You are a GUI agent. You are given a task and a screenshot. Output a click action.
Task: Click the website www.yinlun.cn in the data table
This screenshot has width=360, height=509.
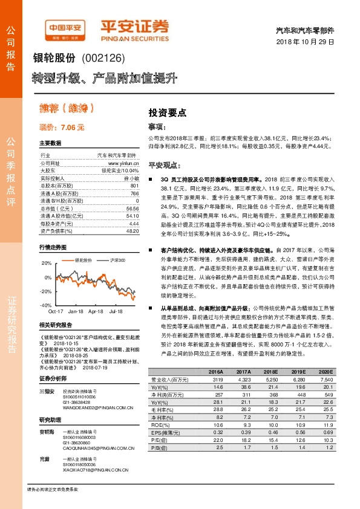coord(123,163)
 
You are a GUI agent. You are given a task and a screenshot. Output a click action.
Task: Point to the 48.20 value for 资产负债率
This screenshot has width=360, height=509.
coord(133,230)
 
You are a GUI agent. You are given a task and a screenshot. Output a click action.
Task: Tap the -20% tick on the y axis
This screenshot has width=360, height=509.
coord(46,291)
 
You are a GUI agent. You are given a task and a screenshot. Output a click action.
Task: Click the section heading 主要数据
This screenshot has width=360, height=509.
coord(50,143)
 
